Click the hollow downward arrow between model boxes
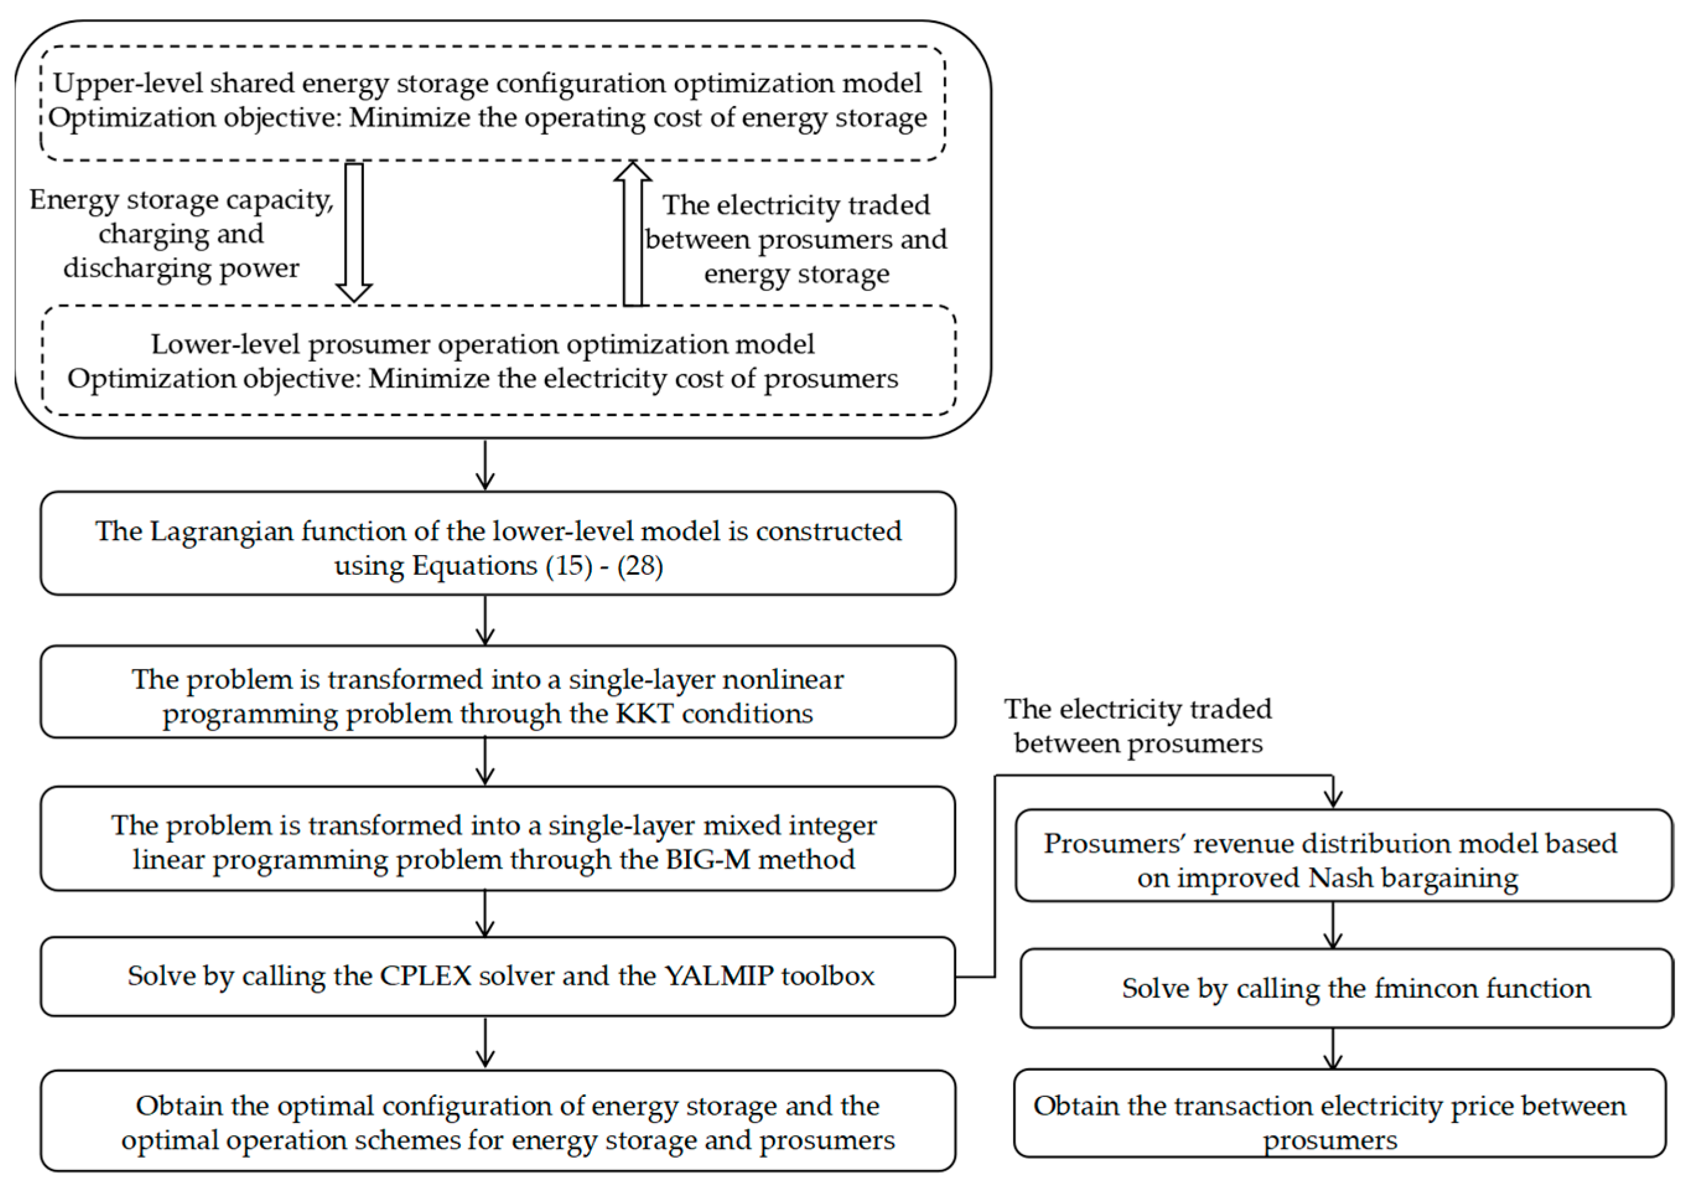click(x=354, y=231)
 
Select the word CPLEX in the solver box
click(x=425, y=976)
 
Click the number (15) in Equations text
click(x=568, y=566)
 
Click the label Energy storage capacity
click(x=181, y=199)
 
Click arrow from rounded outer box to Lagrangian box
click(x=485, y=465)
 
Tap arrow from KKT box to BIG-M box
click(x=485, y=762)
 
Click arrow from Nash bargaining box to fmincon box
click(x=1333, y=925)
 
